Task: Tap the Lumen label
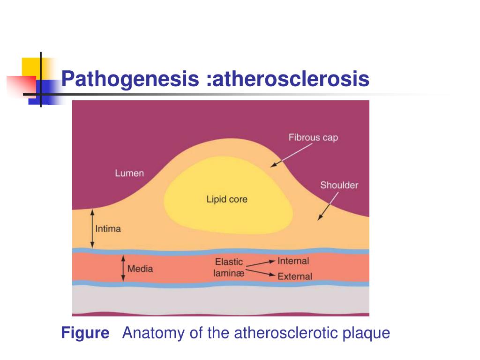129,173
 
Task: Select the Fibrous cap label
313,137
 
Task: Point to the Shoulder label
339,185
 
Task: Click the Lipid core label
227,199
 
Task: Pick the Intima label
108,229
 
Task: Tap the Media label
140,269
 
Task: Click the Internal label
293,261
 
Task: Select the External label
294,276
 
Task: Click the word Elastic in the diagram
229,262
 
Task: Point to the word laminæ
229,272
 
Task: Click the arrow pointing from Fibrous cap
291,155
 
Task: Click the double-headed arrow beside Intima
92,228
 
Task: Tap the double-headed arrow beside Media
123,269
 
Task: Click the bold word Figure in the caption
85,333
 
